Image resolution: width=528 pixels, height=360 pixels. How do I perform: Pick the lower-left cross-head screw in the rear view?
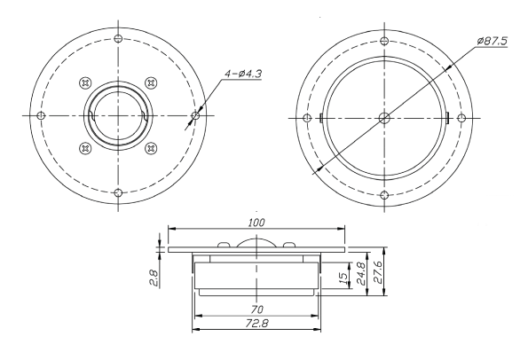[x=85, y=147]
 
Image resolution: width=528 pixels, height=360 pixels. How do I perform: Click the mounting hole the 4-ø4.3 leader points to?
[x=195, y=115]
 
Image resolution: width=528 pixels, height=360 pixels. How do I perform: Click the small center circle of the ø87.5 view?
[x=382, y=117]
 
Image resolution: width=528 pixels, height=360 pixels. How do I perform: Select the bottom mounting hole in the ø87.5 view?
[x=382, y=194]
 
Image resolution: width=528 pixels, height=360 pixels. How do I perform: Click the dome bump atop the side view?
[x=257, y=246]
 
